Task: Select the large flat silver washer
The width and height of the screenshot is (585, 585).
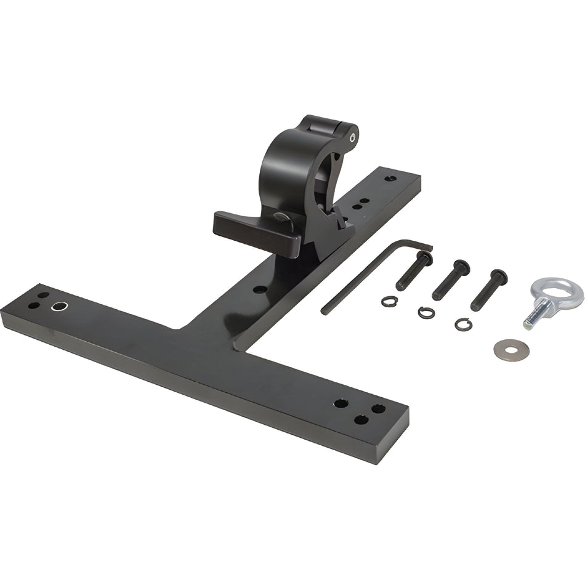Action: (511, 349)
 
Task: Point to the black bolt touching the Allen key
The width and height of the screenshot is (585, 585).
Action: (413, 272)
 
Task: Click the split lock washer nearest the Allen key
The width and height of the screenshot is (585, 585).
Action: (389, 301)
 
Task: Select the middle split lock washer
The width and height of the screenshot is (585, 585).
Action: (426, 313)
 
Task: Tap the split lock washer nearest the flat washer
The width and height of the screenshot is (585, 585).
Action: (464, 324)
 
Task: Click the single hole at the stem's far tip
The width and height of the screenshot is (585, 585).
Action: (390, 179)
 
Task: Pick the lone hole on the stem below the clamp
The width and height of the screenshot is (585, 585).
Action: (260, 289)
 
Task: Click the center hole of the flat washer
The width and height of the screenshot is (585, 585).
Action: (511, 349)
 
